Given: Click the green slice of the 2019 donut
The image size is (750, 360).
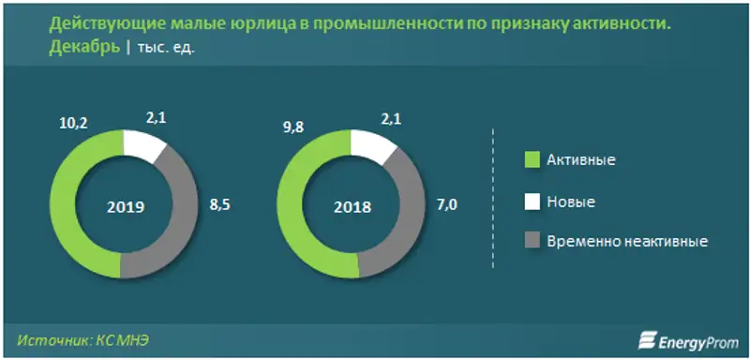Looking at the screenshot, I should tap(66, 206).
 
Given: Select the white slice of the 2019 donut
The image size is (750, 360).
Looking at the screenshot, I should tap(142, 145).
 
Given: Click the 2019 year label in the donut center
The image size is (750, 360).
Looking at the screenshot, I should tap(125, 206).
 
